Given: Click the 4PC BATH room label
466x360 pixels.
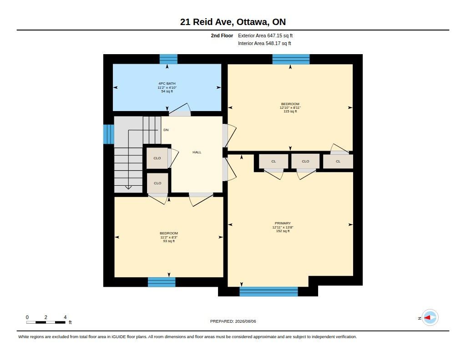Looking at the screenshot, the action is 167,84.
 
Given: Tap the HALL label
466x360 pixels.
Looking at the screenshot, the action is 197,152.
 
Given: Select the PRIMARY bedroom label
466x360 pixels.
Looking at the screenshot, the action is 283,223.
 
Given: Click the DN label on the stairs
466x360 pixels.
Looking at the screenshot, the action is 166,130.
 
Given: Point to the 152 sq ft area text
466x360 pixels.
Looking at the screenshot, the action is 283,231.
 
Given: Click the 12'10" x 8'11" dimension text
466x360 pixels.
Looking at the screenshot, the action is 290,107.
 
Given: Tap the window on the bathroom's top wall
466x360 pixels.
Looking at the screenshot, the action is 168,59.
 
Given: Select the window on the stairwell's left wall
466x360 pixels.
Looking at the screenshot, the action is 108,134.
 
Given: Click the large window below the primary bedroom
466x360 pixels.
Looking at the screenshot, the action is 268,292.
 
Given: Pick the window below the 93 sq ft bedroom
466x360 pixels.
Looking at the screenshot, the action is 162,282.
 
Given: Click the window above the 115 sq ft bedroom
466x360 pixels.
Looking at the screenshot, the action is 291,59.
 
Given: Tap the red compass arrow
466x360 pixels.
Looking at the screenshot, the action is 427,318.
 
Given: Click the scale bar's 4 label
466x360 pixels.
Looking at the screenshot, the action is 65,317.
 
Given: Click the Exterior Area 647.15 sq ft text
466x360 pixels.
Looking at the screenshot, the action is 265,35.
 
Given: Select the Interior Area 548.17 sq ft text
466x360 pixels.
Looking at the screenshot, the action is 264,43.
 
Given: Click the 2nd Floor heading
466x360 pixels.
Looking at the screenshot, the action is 222,35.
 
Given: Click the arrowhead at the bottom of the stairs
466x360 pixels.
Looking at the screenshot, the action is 128,188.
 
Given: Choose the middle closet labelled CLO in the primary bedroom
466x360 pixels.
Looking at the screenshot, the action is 305,162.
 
